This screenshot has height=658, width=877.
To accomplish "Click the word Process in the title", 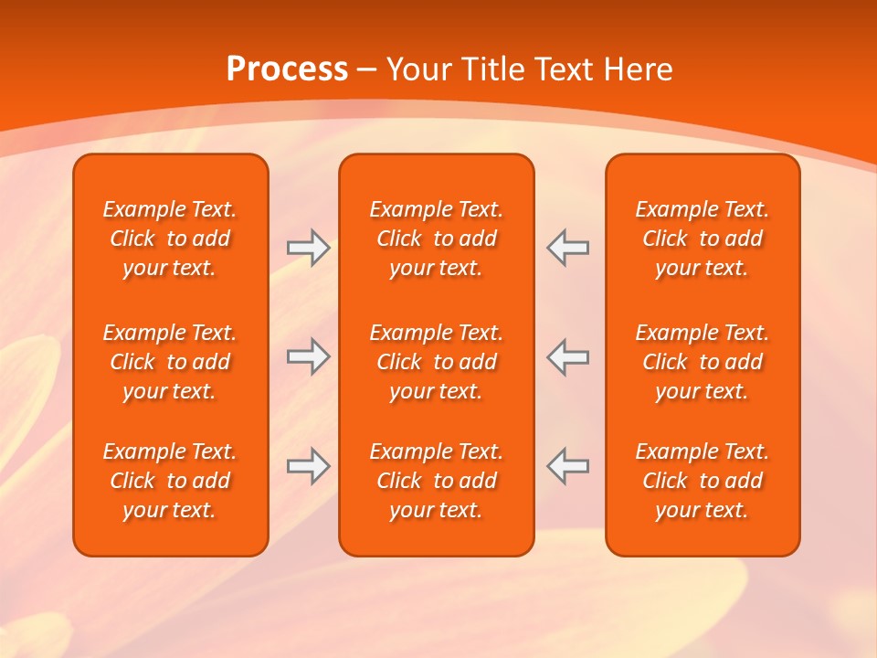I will (x=287, y=69).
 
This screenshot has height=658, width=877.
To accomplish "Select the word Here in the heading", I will (x=639, y=69).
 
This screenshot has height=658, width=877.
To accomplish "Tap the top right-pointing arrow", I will (x=308, y=247).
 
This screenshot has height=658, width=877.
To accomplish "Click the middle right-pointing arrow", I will (x=308, y=356).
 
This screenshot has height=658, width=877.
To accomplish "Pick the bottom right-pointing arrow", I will (x=308, y=465).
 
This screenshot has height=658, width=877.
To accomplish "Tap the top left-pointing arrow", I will (x=568, y=247).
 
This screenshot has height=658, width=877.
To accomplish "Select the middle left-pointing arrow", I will (x=568, y=356).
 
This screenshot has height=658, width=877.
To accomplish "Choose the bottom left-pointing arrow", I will (x=568, y=465).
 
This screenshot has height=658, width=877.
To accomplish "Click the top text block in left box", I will (x=170, y=239).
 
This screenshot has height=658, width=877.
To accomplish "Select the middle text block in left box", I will (x=170, y=362).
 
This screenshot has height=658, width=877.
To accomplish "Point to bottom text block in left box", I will (x=170, y=481).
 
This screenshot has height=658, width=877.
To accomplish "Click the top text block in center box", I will (x=436, y=239).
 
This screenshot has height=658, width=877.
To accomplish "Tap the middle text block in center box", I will (x=436, y=362).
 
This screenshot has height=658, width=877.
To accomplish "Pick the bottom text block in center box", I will (x=436, y=481).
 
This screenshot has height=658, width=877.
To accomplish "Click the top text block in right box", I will (x=703, y=239).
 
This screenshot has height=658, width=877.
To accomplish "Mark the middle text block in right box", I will (x=703, y=362).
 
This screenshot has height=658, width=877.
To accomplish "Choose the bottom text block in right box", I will (x=703, y=481).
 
